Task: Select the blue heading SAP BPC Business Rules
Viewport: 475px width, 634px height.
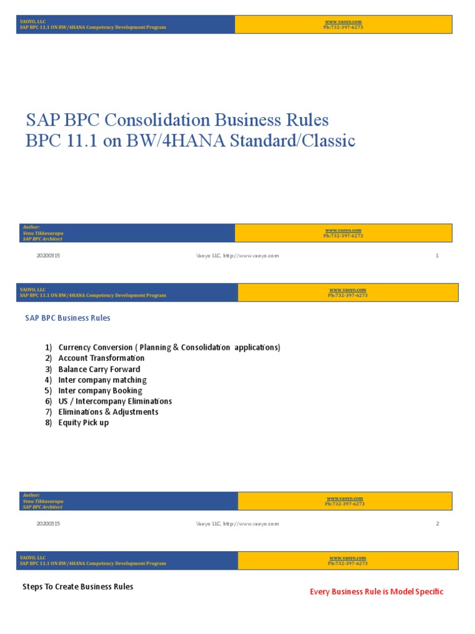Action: [67, 318]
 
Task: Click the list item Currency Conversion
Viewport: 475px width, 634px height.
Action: [95, 347]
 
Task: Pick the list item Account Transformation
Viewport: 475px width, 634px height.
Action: [101, 358]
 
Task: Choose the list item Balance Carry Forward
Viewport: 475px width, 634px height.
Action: [99, 369]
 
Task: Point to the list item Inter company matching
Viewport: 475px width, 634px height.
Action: [102, 380]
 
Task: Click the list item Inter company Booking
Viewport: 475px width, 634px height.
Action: [100, 391]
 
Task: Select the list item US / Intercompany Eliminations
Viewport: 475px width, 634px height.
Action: [115, 401]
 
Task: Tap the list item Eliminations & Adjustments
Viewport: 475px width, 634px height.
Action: [108, 412]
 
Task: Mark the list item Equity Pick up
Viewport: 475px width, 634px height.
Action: [83, 423]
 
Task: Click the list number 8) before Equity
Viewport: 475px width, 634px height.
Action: [48, 423]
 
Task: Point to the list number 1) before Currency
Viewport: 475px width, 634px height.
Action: [48, 347]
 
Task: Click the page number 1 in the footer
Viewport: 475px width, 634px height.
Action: [437, 256]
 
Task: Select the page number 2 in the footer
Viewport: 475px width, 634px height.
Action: [437, 524]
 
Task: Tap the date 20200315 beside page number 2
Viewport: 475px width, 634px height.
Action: [48, 524]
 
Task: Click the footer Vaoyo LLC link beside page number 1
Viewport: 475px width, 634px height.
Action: [237, 256]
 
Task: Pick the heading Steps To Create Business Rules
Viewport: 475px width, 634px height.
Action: [78, 586]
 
